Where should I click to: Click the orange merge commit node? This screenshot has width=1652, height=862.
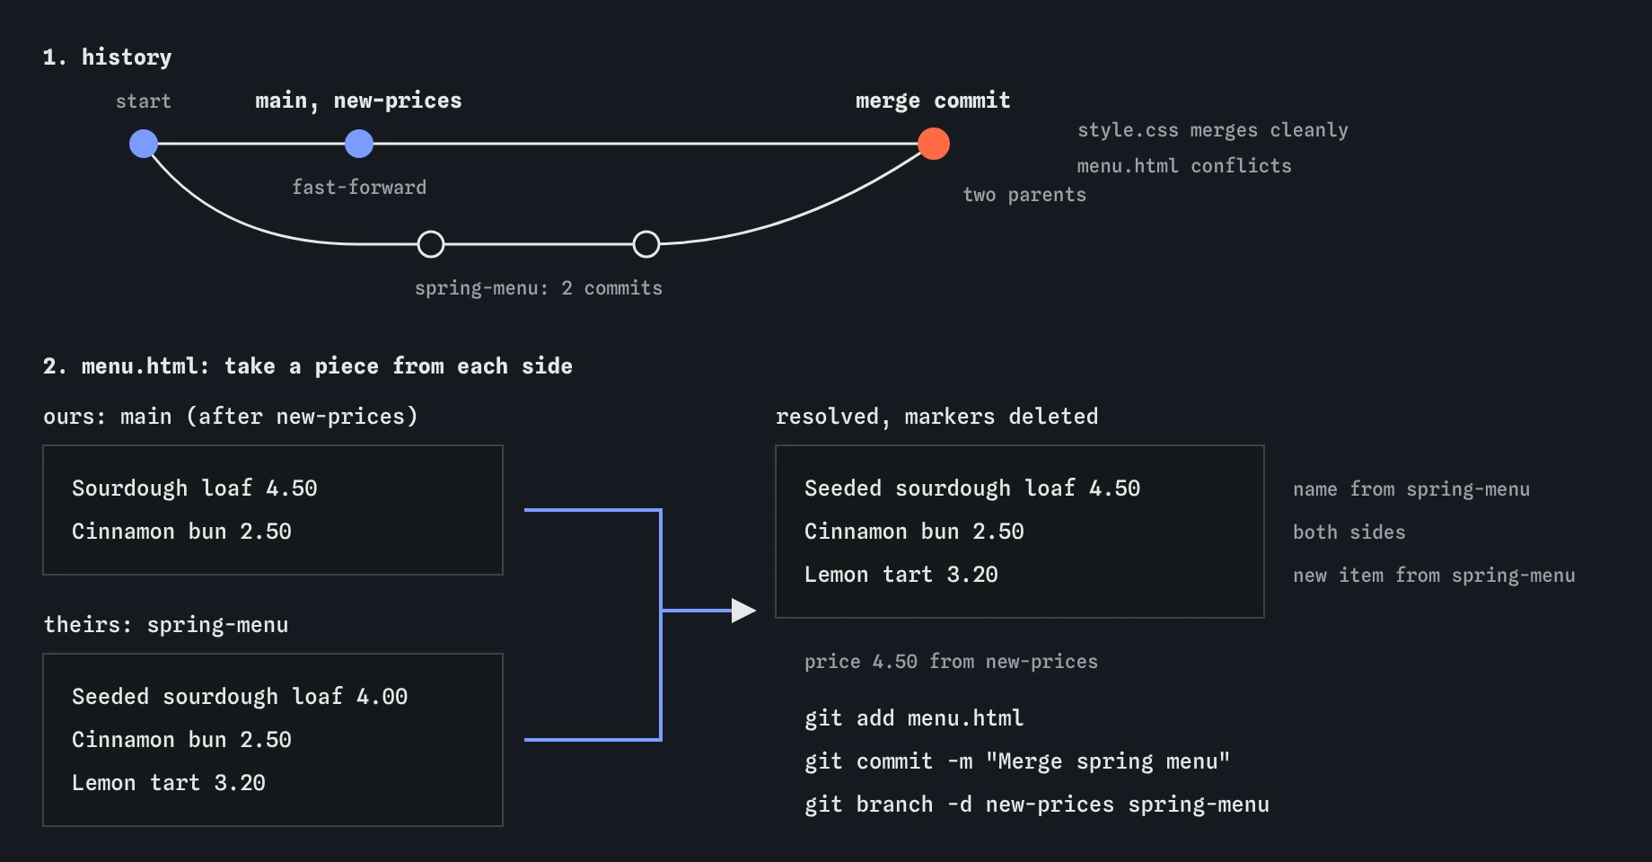[x=934, y=144]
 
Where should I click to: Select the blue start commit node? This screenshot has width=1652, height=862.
[x=144, y=144]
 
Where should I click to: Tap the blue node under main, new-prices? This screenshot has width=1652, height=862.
[x=359, y=144]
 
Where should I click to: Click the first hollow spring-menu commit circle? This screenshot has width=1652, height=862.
[x=431, y=244]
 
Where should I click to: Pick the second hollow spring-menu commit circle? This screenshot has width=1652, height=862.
[x=646, y=244]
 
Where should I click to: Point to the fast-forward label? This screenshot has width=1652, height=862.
[x=359, y=188]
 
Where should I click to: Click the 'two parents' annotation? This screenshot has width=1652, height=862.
[x=1024, y=195]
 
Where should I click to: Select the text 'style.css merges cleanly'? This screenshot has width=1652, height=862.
[x=1213, y=130]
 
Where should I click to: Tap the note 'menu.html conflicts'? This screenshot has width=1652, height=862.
[x=1184, y=166]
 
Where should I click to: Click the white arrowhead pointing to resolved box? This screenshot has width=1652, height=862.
[x=743, y=611]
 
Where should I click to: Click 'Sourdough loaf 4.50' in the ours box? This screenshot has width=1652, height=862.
[x=195, y=488]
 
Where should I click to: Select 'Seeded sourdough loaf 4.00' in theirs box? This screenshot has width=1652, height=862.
[x=240, y=697]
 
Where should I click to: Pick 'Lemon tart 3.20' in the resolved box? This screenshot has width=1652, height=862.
[x=901, y=575]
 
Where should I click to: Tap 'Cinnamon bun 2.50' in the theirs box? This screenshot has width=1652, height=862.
[x=181, y=740]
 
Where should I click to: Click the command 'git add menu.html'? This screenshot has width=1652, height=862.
[x=914, y=718]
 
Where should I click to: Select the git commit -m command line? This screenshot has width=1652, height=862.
[x=1017, y=761]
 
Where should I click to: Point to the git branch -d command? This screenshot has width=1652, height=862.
[x=1037, y=805]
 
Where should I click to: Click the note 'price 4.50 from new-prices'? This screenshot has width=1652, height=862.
[x=951, y=662]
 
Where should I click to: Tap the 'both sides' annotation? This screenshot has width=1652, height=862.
[x=1349, y=532]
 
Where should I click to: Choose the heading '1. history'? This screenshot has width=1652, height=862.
[x=108, y=57]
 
